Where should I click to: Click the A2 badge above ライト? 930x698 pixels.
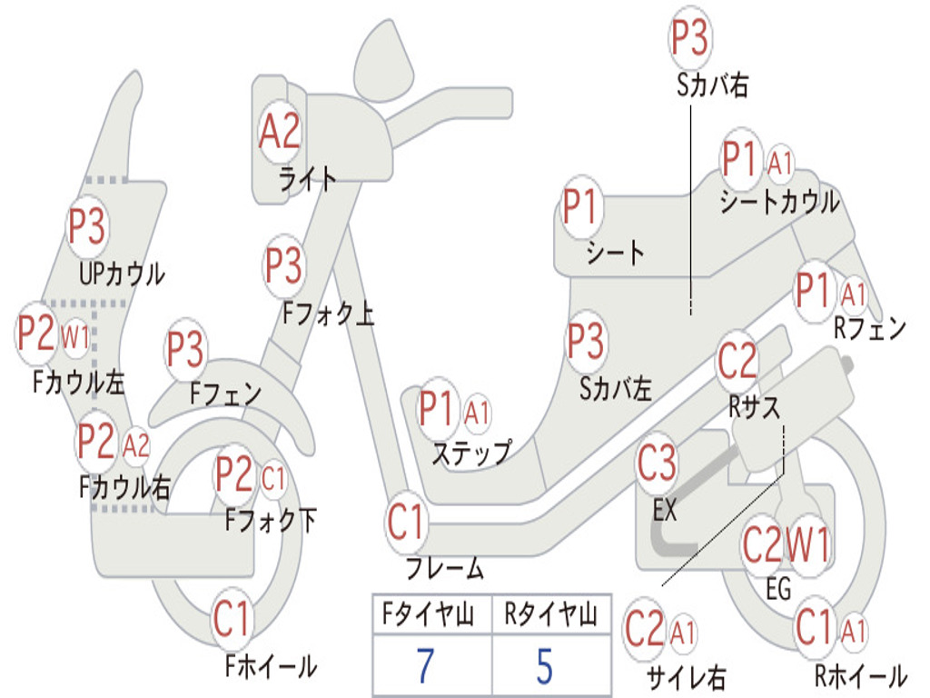pyautogui.click(x=280, y=131)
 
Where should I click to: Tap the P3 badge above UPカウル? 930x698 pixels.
pyautogui.click(x=86, y=226)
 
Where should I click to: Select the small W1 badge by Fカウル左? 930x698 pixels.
pyautogui.click(x=75, y=337)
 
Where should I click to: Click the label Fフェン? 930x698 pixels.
pyautogui.click(x=225, y=394)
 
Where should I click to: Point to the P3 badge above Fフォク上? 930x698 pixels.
pyautogui.click(x=283, y=265)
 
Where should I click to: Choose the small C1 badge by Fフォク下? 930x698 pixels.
pyautogui.click(x=272, y=478)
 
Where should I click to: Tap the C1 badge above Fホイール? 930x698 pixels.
pyautogui.click(x=231, y=619)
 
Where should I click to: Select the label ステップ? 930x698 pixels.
pyautogui.click(x=471, y=453)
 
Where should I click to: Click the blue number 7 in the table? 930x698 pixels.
pyautogui.click(x=425, y=666)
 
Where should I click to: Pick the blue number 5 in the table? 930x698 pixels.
pyautogui.click(x=545, y=666)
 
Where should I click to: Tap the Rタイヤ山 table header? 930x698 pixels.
pyautogui.click(x=551, y=613)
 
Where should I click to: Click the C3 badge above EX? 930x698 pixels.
pyautogui.click(x=657, y=462)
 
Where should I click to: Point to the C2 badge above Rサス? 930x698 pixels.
pyautogui.click(x=737, y=360)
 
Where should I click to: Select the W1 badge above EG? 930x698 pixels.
pyautogui.click(x=807, y=543)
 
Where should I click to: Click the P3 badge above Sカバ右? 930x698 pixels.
pyautogui.click(x=690, y=37)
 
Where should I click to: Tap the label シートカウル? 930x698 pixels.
pyautogui.click(x=780, y=202)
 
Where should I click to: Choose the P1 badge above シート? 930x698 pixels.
pyautogui.click(x=580, y=206)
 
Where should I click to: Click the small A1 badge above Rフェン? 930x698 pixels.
pyautogui.click(x=854, y=294)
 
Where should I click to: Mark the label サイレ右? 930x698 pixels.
pyautogui.click(x=686, y=677)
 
